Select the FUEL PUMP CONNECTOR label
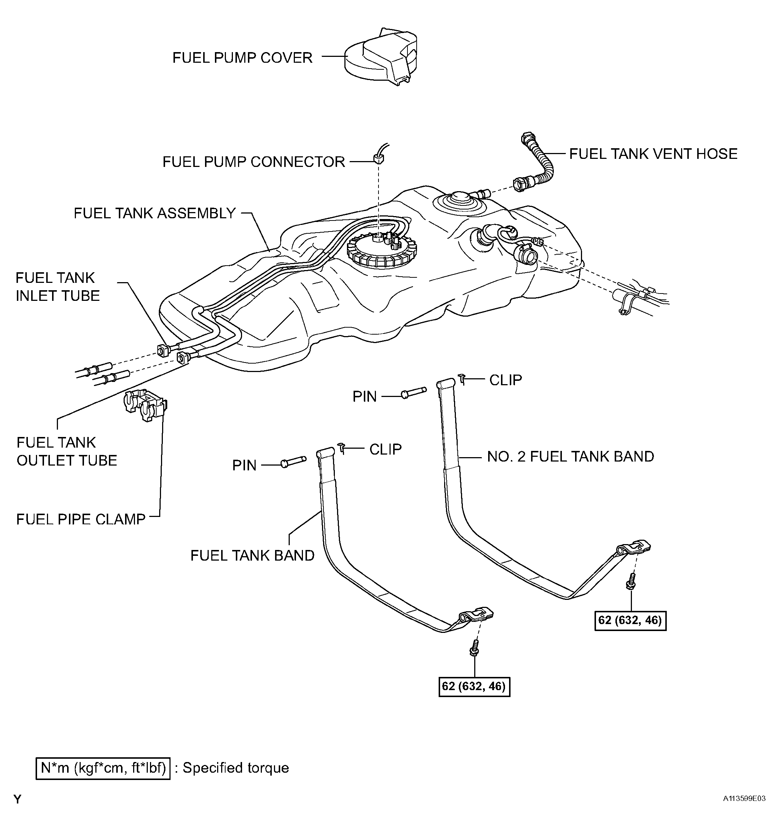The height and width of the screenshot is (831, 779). (254, 162)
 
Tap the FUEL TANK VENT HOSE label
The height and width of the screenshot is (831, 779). (653, 154)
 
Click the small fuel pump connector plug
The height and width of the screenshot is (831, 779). (378, 158)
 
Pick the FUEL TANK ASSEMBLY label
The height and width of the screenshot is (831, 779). (155, 213)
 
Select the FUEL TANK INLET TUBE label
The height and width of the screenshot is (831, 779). (58, 287)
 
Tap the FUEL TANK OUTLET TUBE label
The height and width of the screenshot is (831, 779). (67, 451)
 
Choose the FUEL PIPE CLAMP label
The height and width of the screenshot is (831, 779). (81, 519)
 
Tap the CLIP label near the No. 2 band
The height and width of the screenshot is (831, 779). (506, 380)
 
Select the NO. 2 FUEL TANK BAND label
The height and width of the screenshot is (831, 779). (570, 456)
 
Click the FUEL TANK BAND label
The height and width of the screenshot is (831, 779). (252, 555)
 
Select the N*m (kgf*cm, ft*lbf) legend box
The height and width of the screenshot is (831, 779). (103, 768)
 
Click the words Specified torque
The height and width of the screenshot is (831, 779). (236, 768)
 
